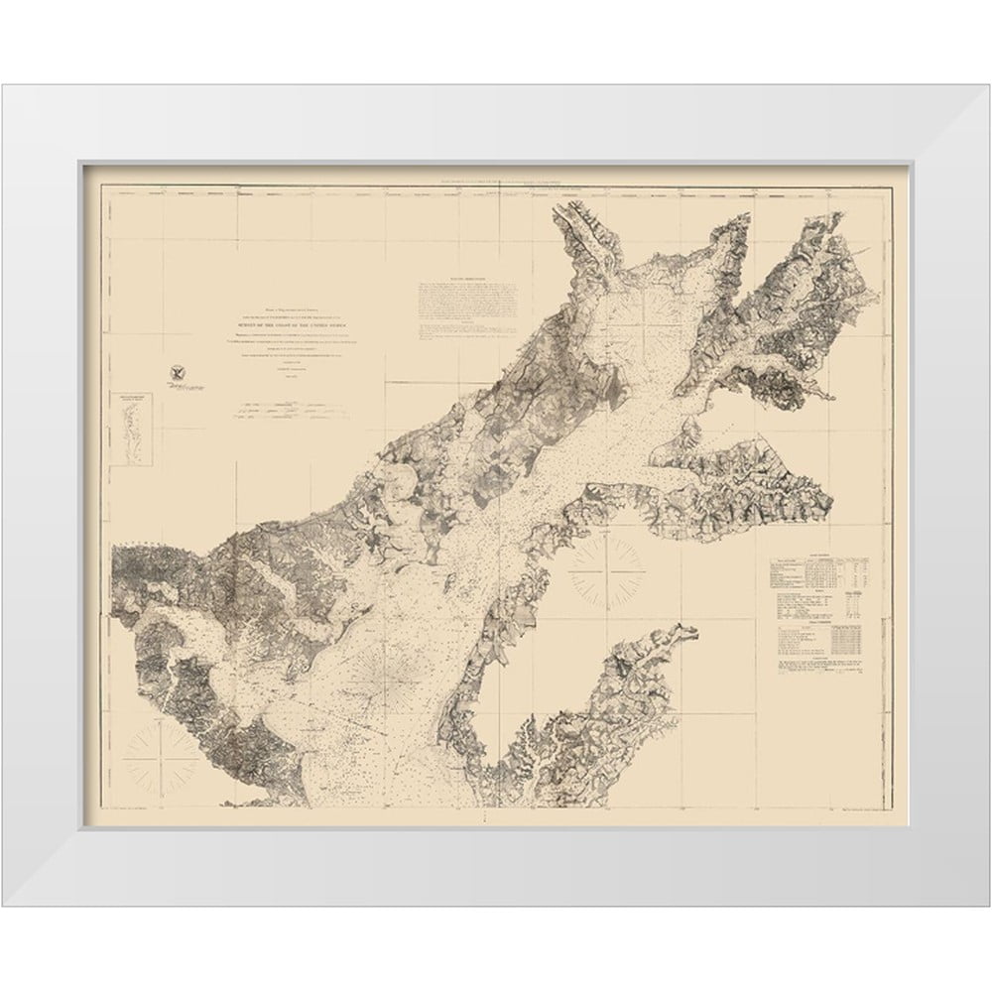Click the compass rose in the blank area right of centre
tap(606, 570)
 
